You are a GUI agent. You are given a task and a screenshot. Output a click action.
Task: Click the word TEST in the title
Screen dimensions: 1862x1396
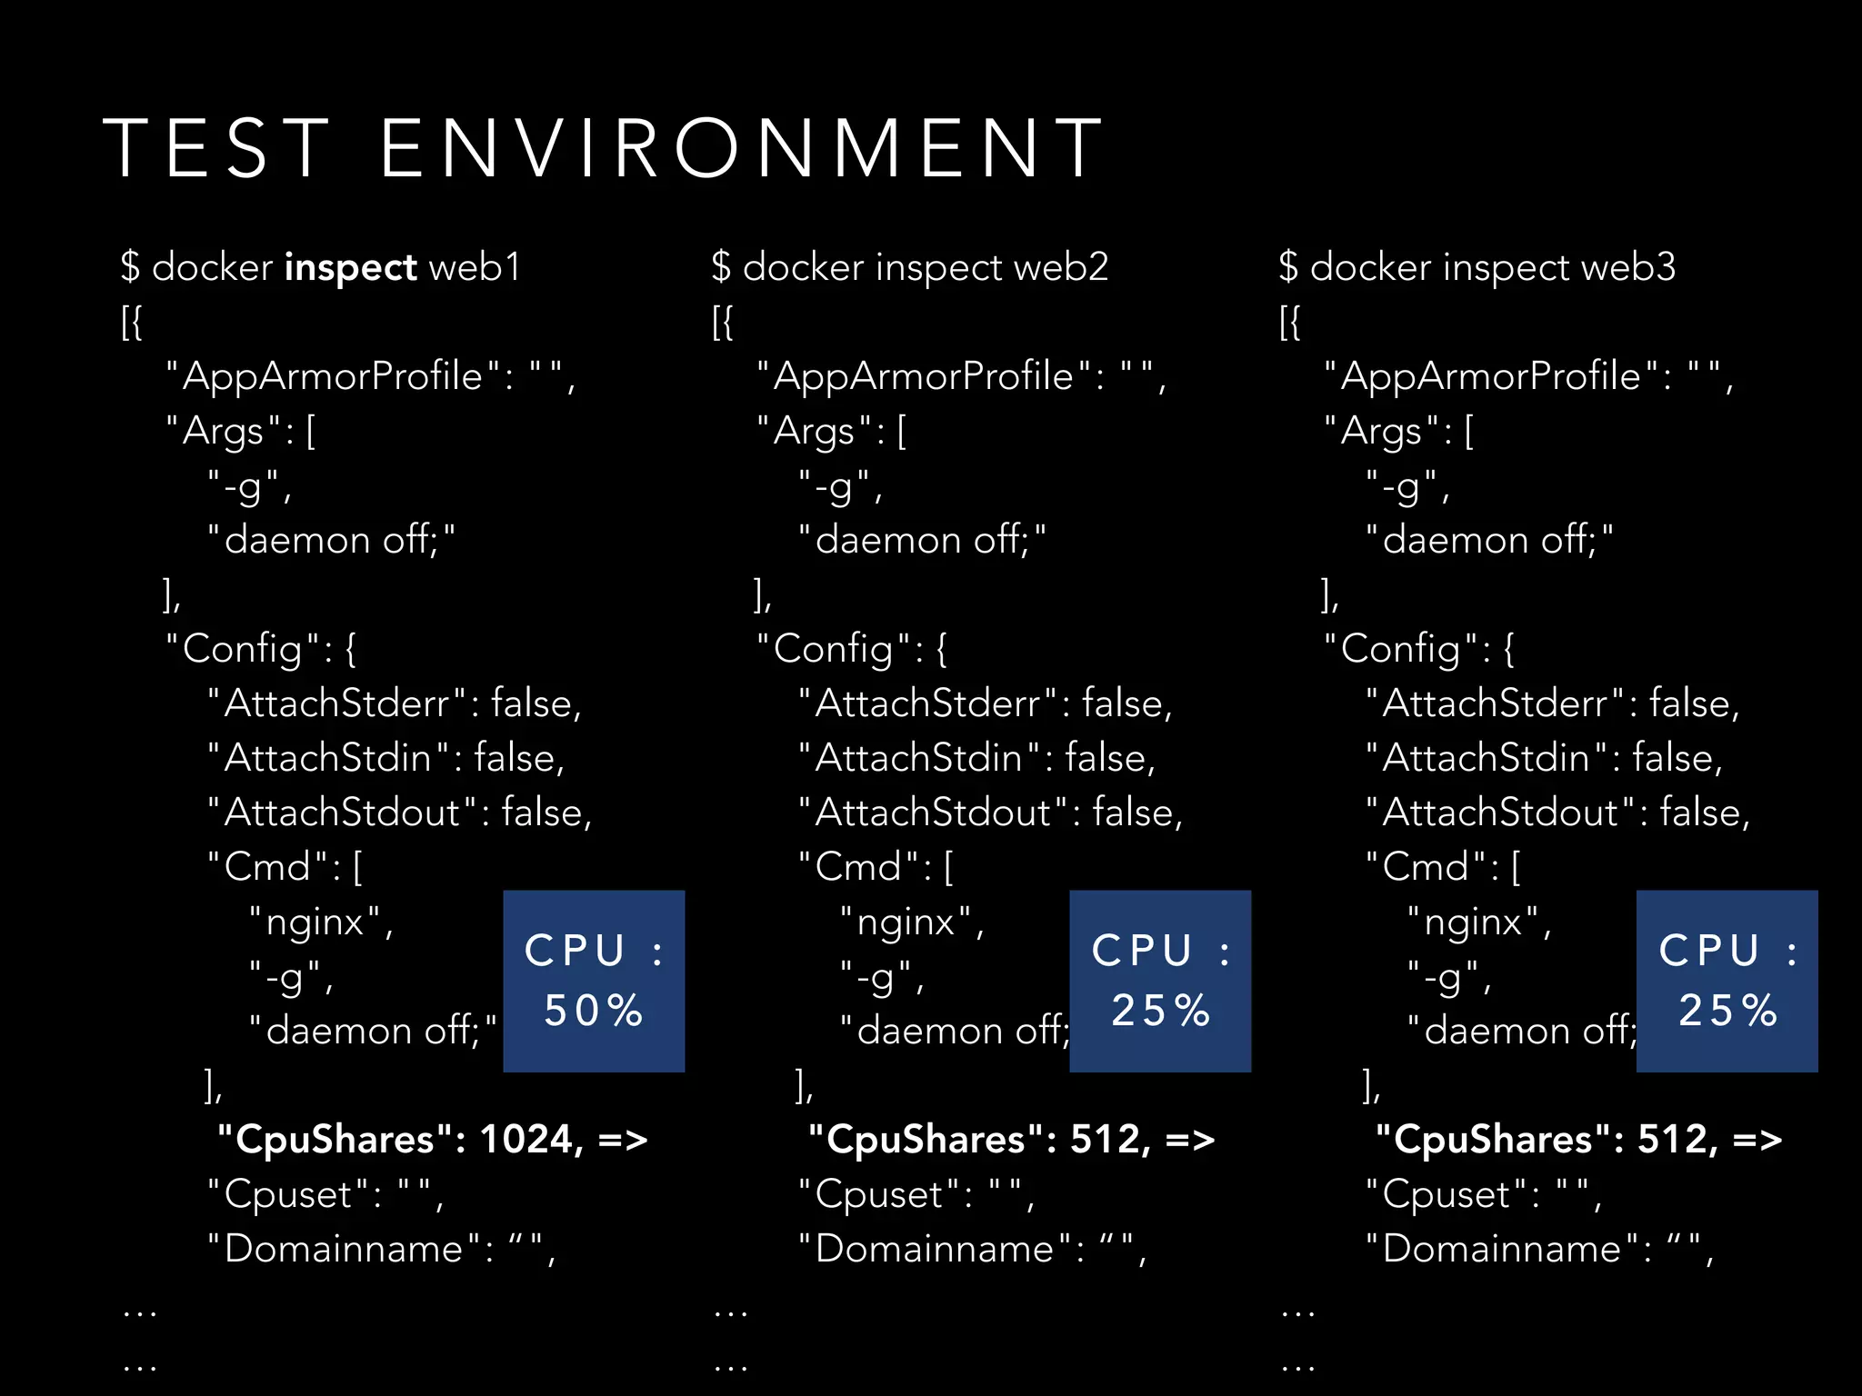pyautogui.click(x=215, y=147)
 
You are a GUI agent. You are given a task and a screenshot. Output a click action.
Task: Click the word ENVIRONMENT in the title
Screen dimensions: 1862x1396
pyautogui.click(x=741, y=147)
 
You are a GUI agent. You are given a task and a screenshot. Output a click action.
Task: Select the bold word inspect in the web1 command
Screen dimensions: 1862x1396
pyautogui.click(x=350, y=268)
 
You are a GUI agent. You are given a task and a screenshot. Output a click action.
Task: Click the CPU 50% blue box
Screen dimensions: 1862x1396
pyautogui.click(x=594, y=981)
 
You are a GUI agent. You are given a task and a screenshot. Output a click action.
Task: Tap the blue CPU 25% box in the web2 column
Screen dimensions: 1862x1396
pyautogui.click(x=1160, y=981)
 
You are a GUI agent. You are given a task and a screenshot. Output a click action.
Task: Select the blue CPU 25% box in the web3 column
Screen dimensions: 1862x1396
pyautogui.click(x=1727, y=981)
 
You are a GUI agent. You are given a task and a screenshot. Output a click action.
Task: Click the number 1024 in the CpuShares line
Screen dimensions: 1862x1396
pyautogui.click(x=528, y=1140)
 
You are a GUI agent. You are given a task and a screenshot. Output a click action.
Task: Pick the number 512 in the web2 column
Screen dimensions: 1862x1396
pyautogui.click(x=1103, y=1140)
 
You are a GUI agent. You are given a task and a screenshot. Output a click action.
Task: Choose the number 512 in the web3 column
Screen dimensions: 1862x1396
pyautogui.click(x=1670, y=1140)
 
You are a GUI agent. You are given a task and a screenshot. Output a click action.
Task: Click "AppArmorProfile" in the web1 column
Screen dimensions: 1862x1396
pyautogui.click(x=333, y=377)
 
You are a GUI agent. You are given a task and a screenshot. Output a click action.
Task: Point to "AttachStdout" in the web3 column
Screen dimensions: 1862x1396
pyautogui.click(x=1500, y=813)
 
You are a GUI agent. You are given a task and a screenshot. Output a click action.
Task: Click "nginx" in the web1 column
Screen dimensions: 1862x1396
pyautogui.click(x=315, y=923)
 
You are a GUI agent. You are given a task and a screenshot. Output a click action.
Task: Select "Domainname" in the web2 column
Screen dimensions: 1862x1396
pyautogui.click(x=935, y=1250)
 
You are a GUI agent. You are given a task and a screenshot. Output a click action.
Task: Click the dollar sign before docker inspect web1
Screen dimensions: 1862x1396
pyautogui.click(x=131, y=267)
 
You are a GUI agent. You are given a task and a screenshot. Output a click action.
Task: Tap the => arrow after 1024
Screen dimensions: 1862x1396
pyautogui.click(x=623, y=1140)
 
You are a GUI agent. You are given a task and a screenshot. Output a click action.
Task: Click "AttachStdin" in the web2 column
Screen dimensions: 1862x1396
pyautogui.click(x=918, y=759)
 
